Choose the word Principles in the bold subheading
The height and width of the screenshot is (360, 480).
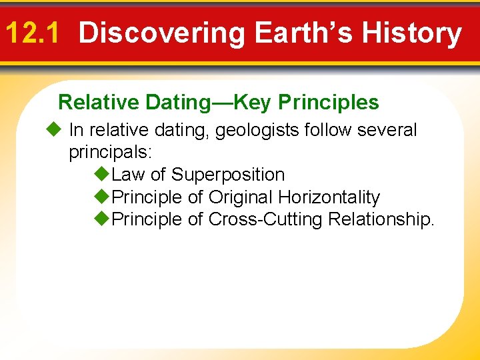tap(329, 102)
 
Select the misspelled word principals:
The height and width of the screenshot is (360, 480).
tap(111, 152)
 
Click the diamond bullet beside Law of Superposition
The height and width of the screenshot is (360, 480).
tap(101, 175)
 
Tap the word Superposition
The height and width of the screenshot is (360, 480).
tap(228, 175)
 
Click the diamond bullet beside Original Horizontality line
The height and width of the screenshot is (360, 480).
tap(101, 197)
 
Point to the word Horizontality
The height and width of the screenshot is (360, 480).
tap(329, 197)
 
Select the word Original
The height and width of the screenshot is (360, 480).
tap(241, 197)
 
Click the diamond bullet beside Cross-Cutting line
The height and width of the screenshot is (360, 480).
tap(101, 219)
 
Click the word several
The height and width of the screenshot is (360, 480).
tap(387, 130)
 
